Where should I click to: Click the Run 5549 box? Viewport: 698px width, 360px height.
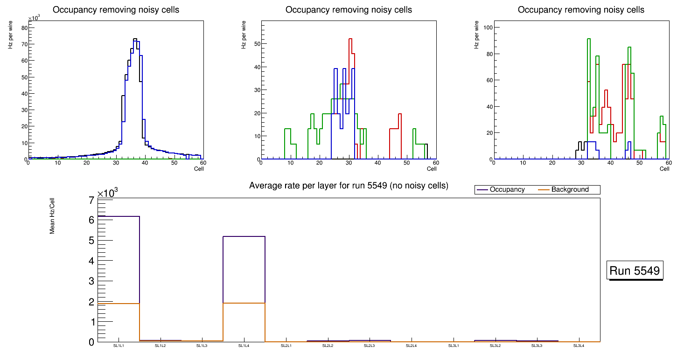tap(635, 270)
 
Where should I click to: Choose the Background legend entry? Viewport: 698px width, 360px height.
tap(570, 190)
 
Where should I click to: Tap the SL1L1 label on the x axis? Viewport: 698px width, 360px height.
tap(119, 346)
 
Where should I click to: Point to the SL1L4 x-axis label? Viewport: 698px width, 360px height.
tap(244, 346)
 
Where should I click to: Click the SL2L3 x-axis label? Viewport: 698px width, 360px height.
tap(370, 346)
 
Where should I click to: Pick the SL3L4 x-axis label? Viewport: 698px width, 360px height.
tap(579, 346)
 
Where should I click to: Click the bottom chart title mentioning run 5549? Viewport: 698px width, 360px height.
tap(349, 186)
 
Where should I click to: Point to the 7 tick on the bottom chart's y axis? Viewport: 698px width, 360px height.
tap(91, 200)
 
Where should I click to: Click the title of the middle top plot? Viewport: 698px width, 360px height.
tap(349, 10)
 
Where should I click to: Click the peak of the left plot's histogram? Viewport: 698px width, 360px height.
tap(135, 39)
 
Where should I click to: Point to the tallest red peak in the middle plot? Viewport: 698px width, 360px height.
tap(349, 39)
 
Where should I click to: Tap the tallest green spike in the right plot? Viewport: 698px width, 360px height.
tap(589, 39)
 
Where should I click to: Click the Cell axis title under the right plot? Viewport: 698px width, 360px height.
tap(664, 169)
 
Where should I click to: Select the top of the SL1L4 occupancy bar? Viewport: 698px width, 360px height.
tap(244, 236)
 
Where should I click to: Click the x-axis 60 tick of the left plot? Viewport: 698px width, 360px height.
tap(203, 163)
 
